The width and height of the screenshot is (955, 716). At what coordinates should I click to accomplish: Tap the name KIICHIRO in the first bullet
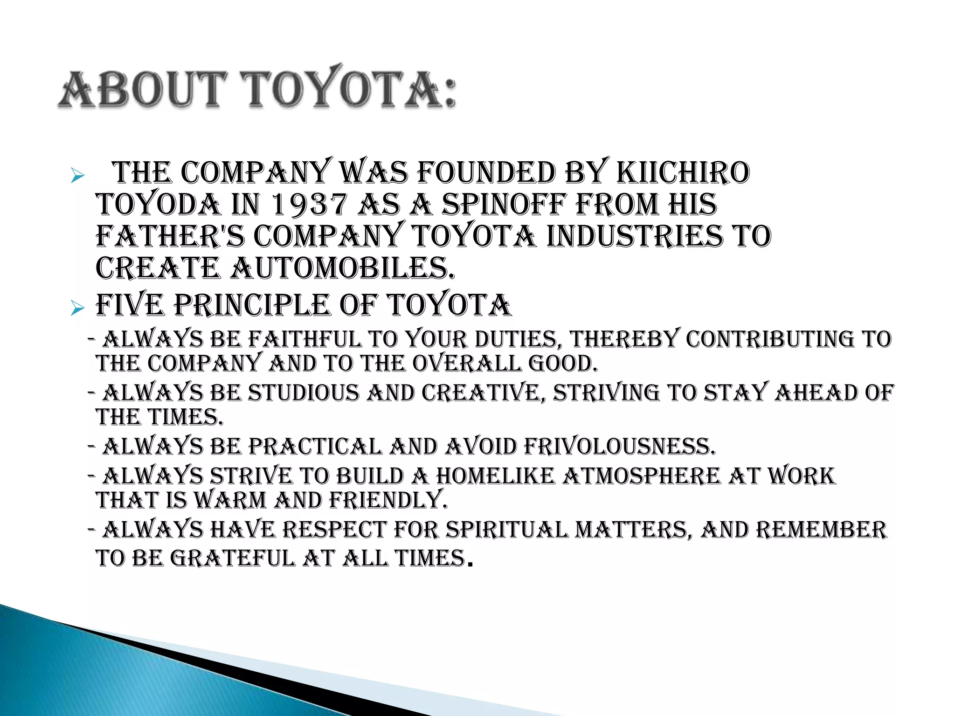pyautogui.click(x=683, y=173)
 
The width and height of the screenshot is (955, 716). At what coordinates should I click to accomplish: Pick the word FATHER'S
pyautogui.click(x=170, y=236)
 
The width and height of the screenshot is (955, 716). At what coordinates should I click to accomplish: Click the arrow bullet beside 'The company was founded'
pyautogui.click(x=77, y=176)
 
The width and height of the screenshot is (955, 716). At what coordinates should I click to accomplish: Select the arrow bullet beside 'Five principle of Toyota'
pyautogui.click(x=77, y=308)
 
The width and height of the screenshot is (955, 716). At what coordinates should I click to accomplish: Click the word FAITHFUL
pyautogui.click(x=304, y=339)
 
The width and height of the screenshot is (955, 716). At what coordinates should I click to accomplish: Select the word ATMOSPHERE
pyautogui.click(x=641, y=476)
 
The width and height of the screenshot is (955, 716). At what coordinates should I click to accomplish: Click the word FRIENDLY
pyautogui.click(x=388, y=500)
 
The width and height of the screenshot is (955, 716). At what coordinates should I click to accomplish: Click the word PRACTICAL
pyautogui.click(x=315, y=447)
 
